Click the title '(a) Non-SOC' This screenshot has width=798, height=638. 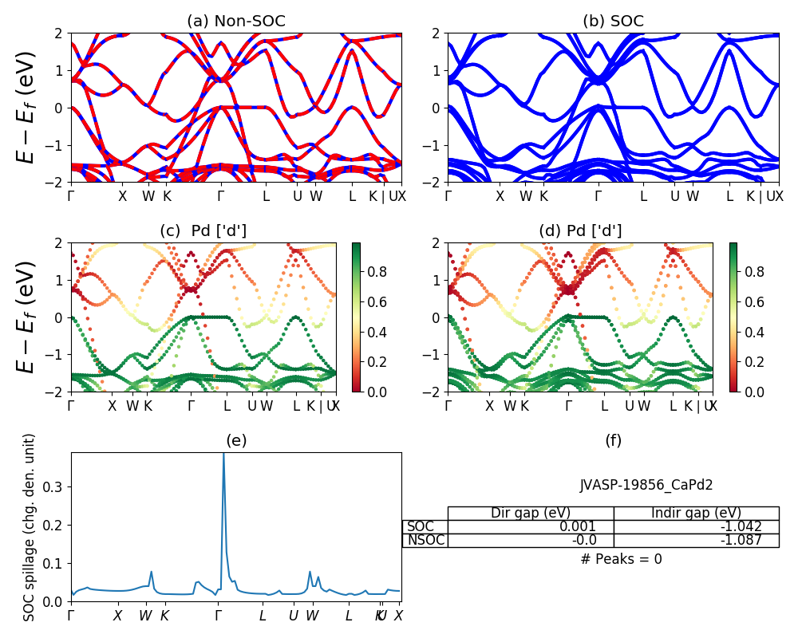(235, 22)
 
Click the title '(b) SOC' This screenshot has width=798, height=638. (613, 22)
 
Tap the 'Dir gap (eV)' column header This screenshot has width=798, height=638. (530, 513)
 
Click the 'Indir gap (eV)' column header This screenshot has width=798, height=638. (696, 513)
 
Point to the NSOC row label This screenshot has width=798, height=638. (425, 541)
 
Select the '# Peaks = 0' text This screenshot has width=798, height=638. (622, 559)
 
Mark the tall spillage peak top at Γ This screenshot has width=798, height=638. (223, 454)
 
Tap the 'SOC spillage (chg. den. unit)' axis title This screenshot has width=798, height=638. (30, 527)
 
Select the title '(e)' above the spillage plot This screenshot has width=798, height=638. (235, 440)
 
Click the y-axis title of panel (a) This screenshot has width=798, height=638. (28, 108)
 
